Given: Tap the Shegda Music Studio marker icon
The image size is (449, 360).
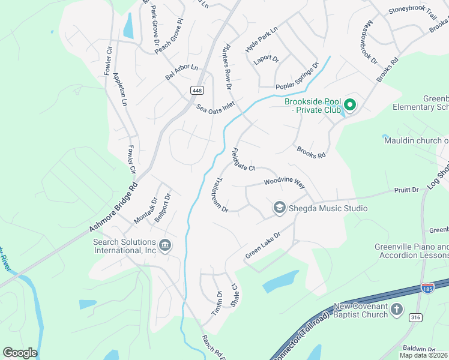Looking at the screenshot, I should point(279,208).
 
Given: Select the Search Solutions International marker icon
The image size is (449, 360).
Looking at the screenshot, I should point(165,245).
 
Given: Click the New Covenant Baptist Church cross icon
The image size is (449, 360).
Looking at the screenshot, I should point(396,310).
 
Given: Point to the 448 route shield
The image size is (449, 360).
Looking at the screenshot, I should point(196,90).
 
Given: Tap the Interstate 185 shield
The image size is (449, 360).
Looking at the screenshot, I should point(428,289).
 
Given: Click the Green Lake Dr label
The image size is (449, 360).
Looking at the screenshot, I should point(263,246).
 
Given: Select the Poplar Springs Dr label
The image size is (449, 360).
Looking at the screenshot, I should point(297,76).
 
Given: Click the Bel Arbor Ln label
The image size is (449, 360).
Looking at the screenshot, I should point(181,73).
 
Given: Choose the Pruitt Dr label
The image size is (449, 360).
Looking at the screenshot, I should point(406,190).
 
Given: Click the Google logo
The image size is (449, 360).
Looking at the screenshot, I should point(20,353).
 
